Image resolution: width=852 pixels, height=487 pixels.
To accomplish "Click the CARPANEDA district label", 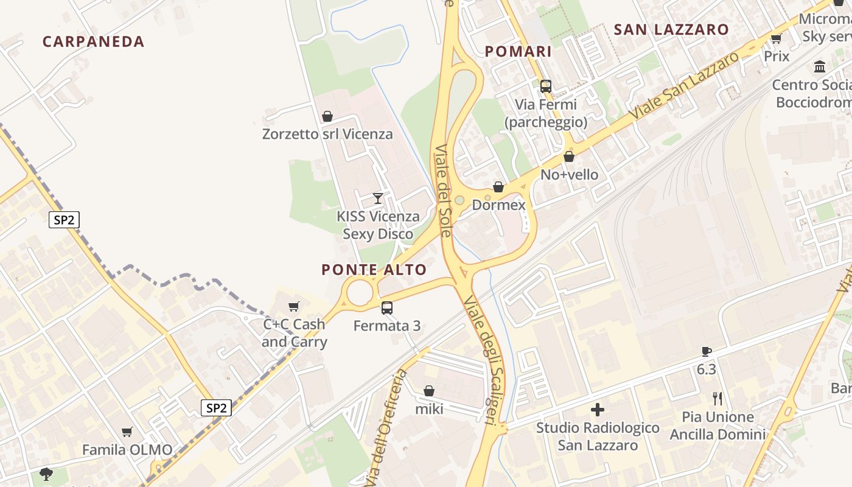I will point(93,41).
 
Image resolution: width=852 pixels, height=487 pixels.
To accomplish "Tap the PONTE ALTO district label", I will point(374,270).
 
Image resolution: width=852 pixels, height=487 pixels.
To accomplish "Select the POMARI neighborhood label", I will point(518,52).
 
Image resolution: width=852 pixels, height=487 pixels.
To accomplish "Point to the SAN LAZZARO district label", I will point(671,29).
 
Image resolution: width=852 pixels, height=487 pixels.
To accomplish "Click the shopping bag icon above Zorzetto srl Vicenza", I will point(327,116).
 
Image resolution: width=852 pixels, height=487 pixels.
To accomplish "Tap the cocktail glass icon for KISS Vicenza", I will point(378,198).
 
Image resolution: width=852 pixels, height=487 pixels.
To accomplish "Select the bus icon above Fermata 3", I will point(387,308).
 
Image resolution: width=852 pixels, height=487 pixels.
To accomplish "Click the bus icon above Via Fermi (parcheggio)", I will point(546,86).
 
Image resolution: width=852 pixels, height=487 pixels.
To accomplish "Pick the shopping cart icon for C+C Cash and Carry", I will point(295,306).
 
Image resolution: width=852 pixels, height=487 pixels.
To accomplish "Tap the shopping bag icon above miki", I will point(429,391).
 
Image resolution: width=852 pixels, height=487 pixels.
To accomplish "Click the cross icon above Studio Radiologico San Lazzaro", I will point(598,410).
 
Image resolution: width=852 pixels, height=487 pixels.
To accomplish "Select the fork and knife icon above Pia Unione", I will point(718,399).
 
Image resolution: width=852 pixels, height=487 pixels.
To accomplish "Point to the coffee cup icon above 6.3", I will point(706,351).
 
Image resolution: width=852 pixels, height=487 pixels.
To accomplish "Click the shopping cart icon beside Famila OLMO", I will point(127,432).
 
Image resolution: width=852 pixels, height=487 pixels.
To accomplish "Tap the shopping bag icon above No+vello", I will point(569,157).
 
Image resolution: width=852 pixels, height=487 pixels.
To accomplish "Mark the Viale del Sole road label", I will point(443,190).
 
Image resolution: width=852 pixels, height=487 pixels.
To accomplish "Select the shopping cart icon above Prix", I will point(776,39).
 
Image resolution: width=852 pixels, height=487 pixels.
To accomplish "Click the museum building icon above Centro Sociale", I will point(820,66).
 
